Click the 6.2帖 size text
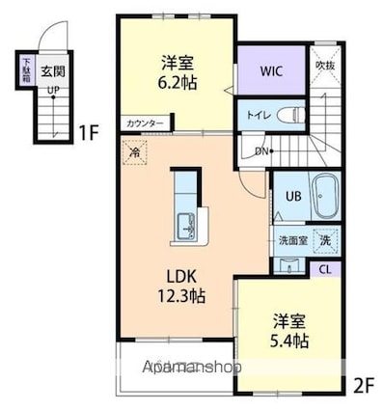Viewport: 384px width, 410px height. [x=178, y=83]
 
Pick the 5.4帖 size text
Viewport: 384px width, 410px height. [x=288, y=342]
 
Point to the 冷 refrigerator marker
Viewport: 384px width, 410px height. [x=135, y=151]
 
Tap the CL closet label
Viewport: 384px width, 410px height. [x=325, y=267]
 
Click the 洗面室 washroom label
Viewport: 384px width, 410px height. [x=292, y=240]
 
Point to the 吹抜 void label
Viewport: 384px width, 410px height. [x=326, y=65]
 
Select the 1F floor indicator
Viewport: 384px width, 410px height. [x=88, y=132]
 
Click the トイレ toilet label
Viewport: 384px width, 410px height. [x=258, y=114]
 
